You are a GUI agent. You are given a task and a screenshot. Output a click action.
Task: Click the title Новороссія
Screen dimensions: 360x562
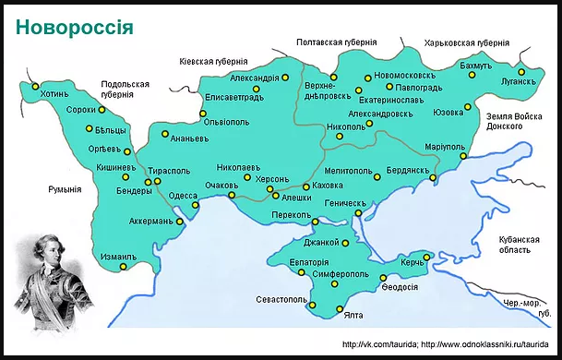click(75, 26)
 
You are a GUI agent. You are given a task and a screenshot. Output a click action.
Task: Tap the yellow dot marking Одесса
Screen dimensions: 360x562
click(195, 208)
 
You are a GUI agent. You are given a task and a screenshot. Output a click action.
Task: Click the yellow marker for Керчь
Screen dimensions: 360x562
click(427, 257)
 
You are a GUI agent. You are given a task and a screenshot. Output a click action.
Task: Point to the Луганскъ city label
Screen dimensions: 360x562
click(519, 81)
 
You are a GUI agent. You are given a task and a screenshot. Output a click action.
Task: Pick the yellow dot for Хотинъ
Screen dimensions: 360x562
click(35, 87)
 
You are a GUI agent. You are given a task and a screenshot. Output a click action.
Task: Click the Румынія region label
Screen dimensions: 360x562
click(65, 189)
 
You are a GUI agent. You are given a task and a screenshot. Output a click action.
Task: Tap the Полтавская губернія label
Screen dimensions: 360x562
click(336, 42)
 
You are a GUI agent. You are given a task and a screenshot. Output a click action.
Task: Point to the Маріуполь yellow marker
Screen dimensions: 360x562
click(463, 157)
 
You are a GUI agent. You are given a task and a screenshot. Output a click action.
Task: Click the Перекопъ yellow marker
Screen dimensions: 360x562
click(316, 222)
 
